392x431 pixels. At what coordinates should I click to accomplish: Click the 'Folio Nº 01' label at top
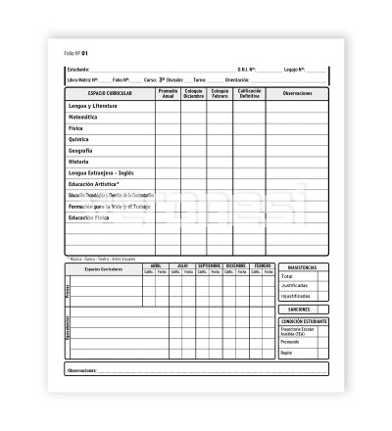(x=76, y=53)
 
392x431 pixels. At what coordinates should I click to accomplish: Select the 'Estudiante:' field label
(x=78, y=70)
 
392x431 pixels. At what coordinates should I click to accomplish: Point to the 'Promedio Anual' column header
(x=169, y=93)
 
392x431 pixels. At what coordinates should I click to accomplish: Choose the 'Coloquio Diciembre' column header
(x=194, y=93)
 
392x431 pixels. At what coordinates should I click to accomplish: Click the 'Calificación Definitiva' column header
(x=248, y=93)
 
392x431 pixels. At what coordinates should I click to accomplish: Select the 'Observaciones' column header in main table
(x=297, y=93)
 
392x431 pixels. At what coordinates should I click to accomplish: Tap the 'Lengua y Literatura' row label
(x=95, y=105)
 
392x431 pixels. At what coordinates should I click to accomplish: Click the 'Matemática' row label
(x=83, y=117)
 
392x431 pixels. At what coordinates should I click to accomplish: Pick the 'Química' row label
(x=79, y=139)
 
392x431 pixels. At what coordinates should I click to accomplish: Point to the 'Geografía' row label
(x=81, y=150)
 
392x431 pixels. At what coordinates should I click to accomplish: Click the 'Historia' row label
(x=79, y=162)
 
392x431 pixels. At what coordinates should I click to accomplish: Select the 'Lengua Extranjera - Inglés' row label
(x=102, y=172)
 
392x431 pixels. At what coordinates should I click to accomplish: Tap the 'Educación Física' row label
(x=89, y=216)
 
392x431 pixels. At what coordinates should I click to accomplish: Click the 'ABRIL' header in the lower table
(x=155, y=264)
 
